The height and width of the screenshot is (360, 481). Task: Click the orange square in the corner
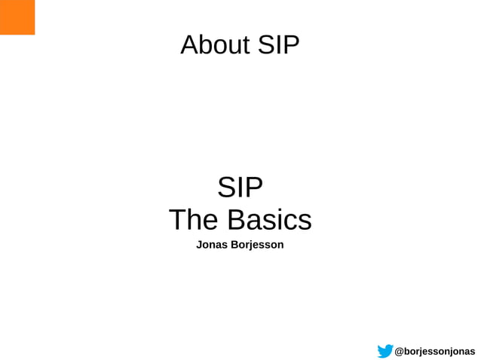tap(17, 17)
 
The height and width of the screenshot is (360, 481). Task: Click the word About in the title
tap(215, 45)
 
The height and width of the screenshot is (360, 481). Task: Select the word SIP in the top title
tap(278, 45)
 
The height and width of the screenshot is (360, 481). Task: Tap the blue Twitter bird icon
tap(385, 351)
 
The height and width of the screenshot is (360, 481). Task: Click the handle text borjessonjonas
tap(440, 351)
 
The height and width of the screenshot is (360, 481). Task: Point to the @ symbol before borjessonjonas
tap(400, 351)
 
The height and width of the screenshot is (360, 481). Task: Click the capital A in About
tap(189, 45)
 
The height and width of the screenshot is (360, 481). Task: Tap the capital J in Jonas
tap(199, 245)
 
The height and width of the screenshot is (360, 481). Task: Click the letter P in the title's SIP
tap(291, 45)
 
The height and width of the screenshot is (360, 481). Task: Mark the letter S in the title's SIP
tap(266, 45)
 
